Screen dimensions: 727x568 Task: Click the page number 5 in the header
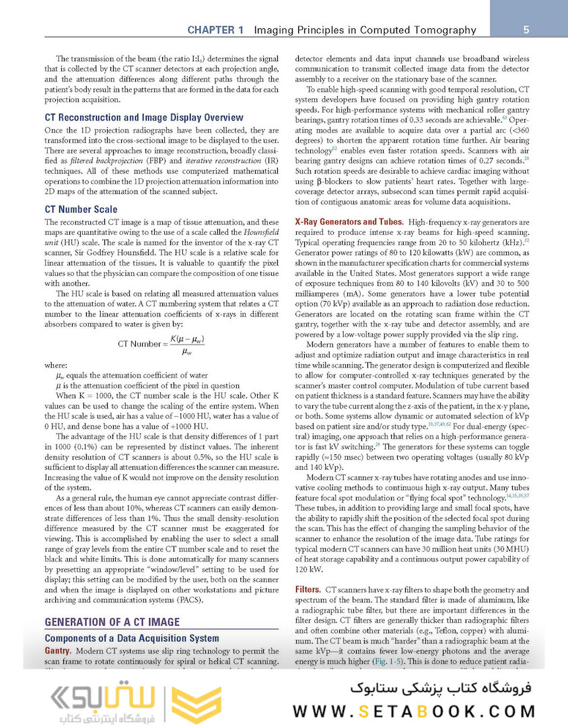pyautogui.click(x=526, y=30)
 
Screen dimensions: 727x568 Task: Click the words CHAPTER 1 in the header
pyautogui.click(x=215, y=30)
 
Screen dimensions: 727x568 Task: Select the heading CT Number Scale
pyautogui.click(x=81, y=209)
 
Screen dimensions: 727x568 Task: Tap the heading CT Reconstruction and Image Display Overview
pyautogui.click(x=143, y=117)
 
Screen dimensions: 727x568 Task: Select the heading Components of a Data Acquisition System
pyautogui.click(x=132, y=638)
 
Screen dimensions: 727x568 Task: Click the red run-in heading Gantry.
pyautogui.click(x=58, y=652)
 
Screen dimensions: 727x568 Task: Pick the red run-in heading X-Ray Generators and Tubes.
pyautogui.click(x=349, y=222)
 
